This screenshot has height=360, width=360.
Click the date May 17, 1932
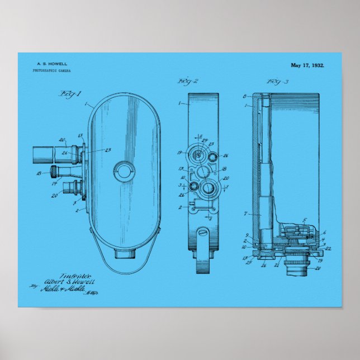[307, 65]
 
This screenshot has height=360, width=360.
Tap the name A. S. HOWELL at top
[49, 65]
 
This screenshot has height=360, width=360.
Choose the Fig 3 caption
[277, 82]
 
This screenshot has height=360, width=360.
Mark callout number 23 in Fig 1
[108, 149]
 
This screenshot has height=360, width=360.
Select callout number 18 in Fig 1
[39, 174]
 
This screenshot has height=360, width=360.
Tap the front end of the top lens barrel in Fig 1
[36, 153]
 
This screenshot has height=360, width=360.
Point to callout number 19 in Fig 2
[181, 152]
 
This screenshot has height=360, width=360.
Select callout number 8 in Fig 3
[244, 96]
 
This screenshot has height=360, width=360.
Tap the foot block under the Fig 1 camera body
[124, 253]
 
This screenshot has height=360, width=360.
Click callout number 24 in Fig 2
[205, 140]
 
